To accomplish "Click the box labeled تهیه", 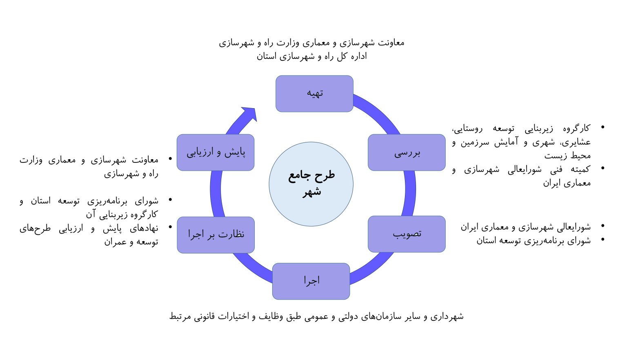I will [x=314, y=93].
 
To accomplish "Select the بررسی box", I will [x=407, y=153].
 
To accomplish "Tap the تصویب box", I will [x=407, y=234].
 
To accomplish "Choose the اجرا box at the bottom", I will [x=311, y=281].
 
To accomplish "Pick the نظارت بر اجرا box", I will [x=216, y=235].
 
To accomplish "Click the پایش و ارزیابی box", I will [x=216, y=153].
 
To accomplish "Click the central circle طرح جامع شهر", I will [x=311, y=184].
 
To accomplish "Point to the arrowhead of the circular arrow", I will [x=250, y=114].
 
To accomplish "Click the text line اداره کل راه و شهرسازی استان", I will [x=311, y=56].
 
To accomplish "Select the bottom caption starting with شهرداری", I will [x=316, y=316].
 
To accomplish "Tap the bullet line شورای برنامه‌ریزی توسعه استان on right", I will [x=534, y=240].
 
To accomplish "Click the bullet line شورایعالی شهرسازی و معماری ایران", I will [x=526, y=227].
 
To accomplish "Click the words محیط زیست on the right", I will [x=567, y=156].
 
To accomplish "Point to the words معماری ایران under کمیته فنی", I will [x=567, y=183].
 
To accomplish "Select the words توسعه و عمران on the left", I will [x=131, y=242].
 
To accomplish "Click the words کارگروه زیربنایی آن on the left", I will [x=122, y=214].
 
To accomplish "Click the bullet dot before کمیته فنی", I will [x=603, y=168].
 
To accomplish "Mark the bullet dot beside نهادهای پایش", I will [x=170, y=227].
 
